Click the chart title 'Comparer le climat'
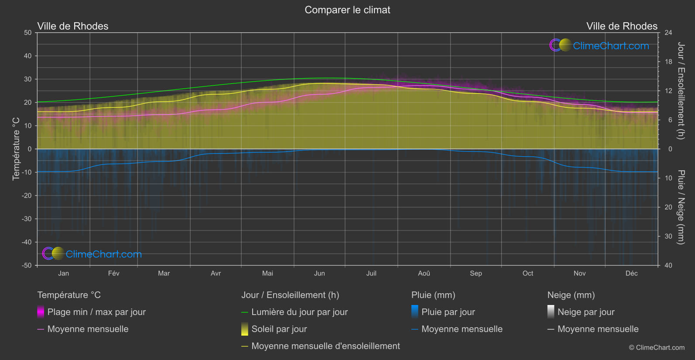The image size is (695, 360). click(x=347, y=10)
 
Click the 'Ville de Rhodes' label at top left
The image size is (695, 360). click(x=73, y=26)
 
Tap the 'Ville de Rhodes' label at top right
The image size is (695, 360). click(x=622, y=26)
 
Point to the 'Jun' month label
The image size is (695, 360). click(x=319, y=274)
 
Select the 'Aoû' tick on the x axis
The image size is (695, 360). click(x=424, y=274)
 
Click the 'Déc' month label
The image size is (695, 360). click(x=631, y=274)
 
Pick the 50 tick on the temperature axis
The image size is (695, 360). click(x=28, y=33)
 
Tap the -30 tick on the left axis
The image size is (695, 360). click(x=27, y=219)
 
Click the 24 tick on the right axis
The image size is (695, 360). click(x=668, y=33)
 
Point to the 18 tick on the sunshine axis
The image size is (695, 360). click(x=668, y=62)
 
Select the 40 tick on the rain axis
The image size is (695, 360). click(x=668, y=265)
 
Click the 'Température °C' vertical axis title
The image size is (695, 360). click(x=16, y=148)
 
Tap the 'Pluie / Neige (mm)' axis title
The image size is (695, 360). click(x=681, y=207)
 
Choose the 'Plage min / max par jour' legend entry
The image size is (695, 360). click(x=96, y=312)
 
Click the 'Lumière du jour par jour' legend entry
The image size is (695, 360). click(x=299, y=312)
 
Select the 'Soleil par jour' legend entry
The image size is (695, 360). click(x=279, y=329)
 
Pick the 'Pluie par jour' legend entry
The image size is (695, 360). click(x=448, y=312)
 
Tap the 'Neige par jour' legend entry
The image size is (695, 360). click(x=585, y=312)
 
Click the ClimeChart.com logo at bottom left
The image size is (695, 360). click(x=92, y=254)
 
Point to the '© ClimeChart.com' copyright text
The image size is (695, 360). click(x=657, y=348)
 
